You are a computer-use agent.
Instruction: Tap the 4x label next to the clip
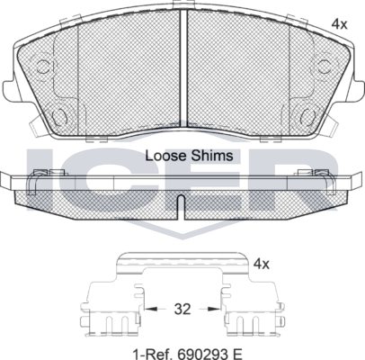(x=262, y=265)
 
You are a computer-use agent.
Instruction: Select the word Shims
(x=213, y=155)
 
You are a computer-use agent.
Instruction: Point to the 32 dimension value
(x=182, y=309)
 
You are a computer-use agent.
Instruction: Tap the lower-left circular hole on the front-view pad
(x=62, y=116)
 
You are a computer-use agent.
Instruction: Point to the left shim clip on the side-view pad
(x=38, y=179)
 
